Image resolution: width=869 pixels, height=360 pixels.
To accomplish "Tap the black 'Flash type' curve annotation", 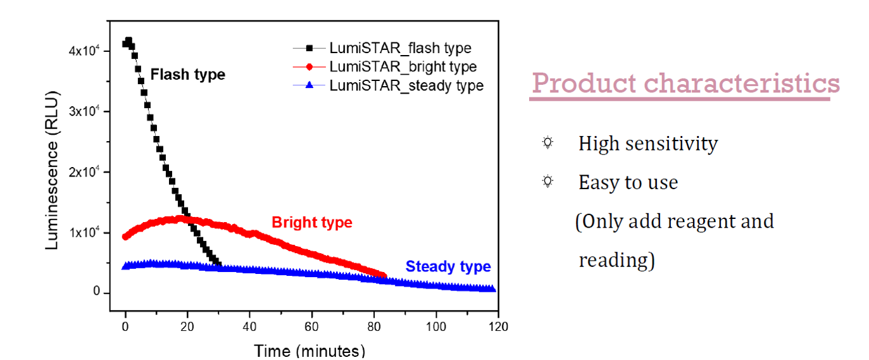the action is click(188, 75).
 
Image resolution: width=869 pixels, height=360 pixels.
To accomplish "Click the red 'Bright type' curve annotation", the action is click(312, 222).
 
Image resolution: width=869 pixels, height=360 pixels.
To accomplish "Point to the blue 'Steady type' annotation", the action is click(448, 266).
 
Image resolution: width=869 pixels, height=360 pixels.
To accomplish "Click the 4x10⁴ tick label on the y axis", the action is click(84, 51).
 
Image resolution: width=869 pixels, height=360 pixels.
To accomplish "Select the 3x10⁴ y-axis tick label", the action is click(84, 111).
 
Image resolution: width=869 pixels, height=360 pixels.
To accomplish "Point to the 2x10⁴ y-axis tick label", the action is click(84, 172).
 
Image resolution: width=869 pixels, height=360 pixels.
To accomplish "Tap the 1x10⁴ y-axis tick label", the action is click(84, 232).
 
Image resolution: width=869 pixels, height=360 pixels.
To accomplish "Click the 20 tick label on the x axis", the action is click(187, 326).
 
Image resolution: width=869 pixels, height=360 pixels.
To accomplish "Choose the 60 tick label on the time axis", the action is click(311, 326).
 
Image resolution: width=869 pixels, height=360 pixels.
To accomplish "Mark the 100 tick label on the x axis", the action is click(436, 326).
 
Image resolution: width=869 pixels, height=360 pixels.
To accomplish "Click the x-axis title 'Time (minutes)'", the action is click(309, 351).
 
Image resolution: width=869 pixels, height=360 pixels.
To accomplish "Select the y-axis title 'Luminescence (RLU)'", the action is click(52, 170).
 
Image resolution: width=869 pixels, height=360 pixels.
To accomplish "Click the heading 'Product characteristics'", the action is click(685, 83).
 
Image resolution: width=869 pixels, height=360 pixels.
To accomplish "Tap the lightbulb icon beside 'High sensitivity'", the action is click(547, 143).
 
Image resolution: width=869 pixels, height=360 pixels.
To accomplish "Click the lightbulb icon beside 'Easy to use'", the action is click(547, 181).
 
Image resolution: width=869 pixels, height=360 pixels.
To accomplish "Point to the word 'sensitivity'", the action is click(672, 144).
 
